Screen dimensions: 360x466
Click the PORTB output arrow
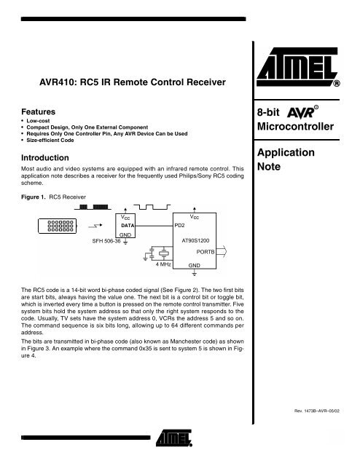231,252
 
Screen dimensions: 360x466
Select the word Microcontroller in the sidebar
300,128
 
